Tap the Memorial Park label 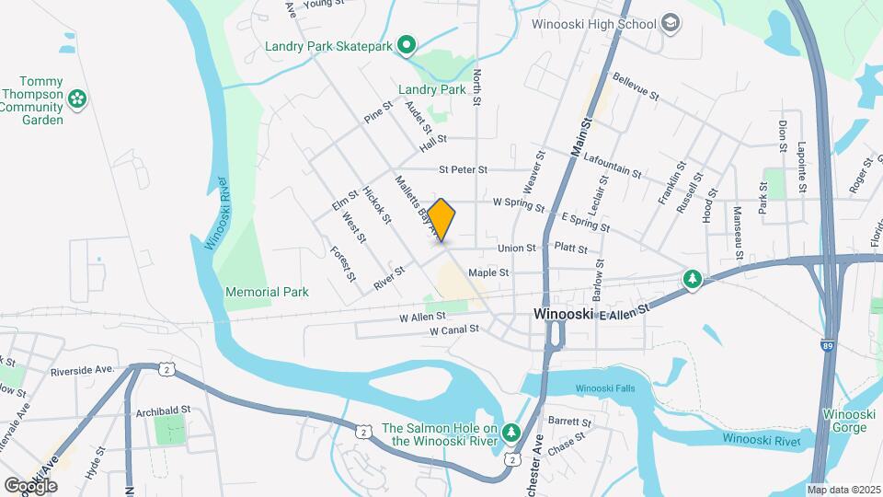pos(267,292)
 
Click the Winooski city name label pos(564,314)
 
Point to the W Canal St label pos(454,329)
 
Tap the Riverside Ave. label pos(82,370)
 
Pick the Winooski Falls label pos(605,388)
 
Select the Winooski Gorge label pos(848,421)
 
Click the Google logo pos(30,485)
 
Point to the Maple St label pos(488,272)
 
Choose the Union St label pos(516,248)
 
